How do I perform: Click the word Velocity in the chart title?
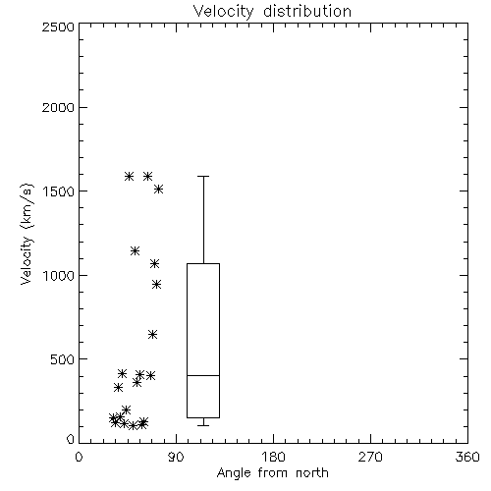click(223, 12)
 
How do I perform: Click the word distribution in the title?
click(307, 11)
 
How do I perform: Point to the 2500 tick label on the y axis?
click(58, 27)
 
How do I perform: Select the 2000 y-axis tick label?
click(58, 107)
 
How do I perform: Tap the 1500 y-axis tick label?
click(59, 191)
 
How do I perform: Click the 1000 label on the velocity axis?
click(59, 275)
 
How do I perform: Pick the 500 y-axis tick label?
click(63, 359)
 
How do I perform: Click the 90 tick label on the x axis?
click(176, 457)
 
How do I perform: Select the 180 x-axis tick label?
click(273, 457)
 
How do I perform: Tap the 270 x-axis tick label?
click(370, 457)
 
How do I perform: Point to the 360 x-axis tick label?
click(467, 457)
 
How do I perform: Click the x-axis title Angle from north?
click(273, 473)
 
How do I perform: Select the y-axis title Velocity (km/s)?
click(27, 234)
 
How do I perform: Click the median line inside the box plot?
click(203, 375)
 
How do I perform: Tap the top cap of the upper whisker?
click(203, 177)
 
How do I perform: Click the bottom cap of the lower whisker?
click(203, 425)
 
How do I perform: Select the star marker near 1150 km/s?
click(135, 251)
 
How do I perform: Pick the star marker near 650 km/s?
click(152, 335)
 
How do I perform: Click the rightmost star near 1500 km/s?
click(158, 190)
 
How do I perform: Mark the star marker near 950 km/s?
click(156, 285)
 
